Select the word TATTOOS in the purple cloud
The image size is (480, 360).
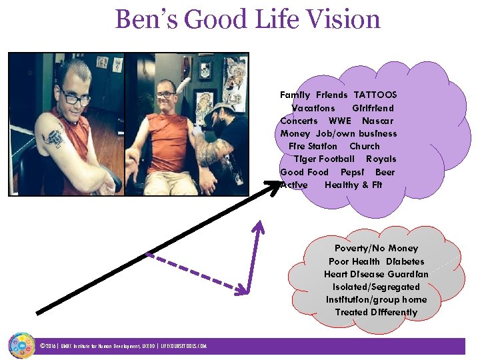(x=375, y=95)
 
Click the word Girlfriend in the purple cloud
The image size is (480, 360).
(x=373, y=108)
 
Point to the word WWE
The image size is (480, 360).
(x=340, y=121)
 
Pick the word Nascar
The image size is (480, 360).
(x=377, y=121)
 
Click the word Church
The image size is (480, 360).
(x=365, y=146)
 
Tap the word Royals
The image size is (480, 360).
(x=381, y=159)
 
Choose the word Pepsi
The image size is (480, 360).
(x=349, y=172)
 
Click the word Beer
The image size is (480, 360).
(x=385, y=172)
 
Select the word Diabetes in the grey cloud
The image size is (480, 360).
(x=405, y=261)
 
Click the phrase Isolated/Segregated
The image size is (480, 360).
(x=376, y=287)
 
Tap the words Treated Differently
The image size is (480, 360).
(x=376, y=312)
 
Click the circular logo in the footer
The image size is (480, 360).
(x=21, y=345)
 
